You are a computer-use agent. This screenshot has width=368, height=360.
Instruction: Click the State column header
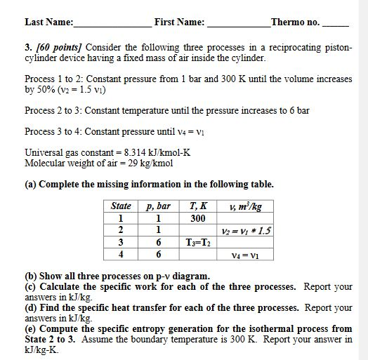(121, 206)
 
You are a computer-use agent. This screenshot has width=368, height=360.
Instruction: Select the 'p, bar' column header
(158, 206)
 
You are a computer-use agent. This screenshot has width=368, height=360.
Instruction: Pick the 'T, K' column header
(198, 206)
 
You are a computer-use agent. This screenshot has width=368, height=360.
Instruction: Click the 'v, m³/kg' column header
(245, 206)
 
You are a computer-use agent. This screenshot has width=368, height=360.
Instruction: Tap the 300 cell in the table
(198, 218)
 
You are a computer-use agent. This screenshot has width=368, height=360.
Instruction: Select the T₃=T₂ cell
(198, 243)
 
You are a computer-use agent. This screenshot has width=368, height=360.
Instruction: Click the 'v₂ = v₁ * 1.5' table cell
(246, 231)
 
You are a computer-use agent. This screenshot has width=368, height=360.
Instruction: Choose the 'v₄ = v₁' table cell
(245, 255)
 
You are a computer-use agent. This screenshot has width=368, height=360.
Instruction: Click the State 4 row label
(121, 255)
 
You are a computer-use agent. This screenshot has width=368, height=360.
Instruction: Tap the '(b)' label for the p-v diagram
(31, 276)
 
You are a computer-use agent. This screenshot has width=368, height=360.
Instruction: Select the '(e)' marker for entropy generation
(31, 328)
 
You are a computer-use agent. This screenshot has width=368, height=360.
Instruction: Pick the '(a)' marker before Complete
(31, 185)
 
